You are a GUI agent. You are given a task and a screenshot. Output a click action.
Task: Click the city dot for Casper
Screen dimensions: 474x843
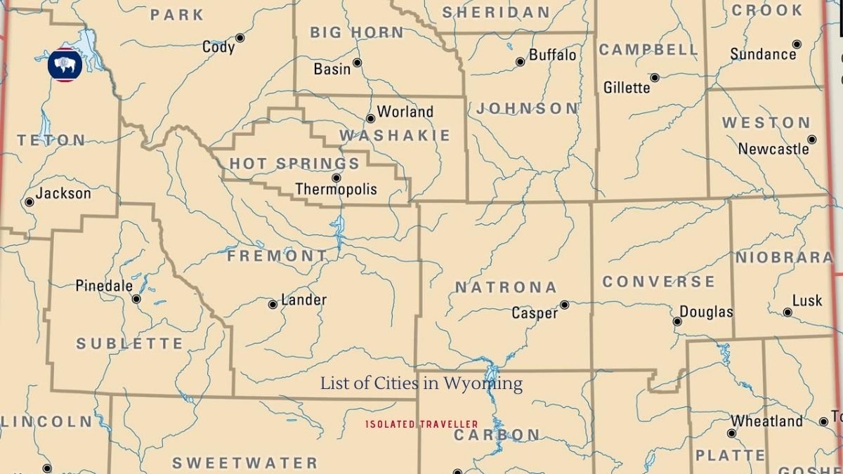pos(564,305)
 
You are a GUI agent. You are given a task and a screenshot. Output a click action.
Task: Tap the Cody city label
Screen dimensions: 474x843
pos(218,47)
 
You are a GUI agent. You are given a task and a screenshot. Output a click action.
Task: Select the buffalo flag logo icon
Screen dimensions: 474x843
pos(65,65)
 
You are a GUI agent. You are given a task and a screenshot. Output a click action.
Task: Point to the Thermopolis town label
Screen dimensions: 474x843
pos(336,189)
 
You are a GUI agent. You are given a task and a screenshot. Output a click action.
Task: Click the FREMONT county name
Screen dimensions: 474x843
pos(277,256)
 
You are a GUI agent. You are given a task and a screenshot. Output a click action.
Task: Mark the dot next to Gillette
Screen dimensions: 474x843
pos(655,78)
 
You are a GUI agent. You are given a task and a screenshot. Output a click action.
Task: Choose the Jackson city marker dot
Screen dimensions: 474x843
pos(30,202)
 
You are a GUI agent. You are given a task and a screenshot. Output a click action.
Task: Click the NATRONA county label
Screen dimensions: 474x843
pos(506,287)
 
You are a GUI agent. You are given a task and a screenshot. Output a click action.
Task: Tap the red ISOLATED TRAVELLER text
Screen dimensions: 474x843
pos(421,424)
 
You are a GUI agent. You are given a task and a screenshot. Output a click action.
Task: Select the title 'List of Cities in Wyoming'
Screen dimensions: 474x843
pos(421,383)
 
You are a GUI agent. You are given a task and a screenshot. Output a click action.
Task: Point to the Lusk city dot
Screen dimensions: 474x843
pos(788,312)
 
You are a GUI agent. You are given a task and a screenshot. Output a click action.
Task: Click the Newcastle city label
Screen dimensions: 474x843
pos(773,149)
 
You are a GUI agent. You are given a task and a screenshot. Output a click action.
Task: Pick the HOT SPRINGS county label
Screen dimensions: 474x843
pos(294,164)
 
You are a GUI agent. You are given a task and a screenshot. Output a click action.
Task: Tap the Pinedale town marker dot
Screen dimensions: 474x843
pos(136,299)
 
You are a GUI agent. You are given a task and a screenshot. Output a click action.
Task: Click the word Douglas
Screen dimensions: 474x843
pos(706,312)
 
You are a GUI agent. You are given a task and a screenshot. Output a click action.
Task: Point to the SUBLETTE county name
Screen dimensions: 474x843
pos(130,344)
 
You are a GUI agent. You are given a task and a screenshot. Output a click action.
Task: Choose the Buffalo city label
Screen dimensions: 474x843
pos(552,55)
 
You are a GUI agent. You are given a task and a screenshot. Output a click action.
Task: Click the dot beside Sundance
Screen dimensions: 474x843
pos(796,44)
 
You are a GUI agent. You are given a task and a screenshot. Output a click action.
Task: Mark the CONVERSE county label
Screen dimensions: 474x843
pos(659,282)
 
